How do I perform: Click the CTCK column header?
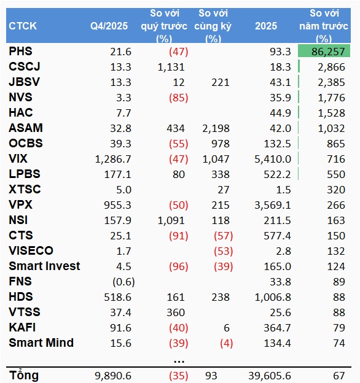[x=23, y=26]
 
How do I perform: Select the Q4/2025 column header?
[x=109, y=26]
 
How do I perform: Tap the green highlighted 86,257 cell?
[x=324, y=51]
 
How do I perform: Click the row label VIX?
[x=18, y=158]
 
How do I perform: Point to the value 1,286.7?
[x=113, y=159]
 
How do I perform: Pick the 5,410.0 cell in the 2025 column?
[x=273, y=159]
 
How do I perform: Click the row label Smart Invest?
[x=44, y=266]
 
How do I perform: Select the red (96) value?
[x=179, y=266]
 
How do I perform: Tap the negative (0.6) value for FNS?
[x=123, y=282]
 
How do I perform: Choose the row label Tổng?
[x=24, y=375]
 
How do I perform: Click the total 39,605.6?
[x=270, y=376]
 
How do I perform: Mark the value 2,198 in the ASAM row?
[x=216, y=128]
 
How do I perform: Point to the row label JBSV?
[x=24, y=82]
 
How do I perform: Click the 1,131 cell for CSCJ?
[x=171, y=67]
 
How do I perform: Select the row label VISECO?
[x=31, y=250]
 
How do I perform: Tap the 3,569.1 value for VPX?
[x=273, y=205]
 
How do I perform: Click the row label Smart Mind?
[x=41, y=342]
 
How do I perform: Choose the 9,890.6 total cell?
[x=113, y=376]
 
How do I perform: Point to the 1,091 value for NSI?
[x=171, y=220]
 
